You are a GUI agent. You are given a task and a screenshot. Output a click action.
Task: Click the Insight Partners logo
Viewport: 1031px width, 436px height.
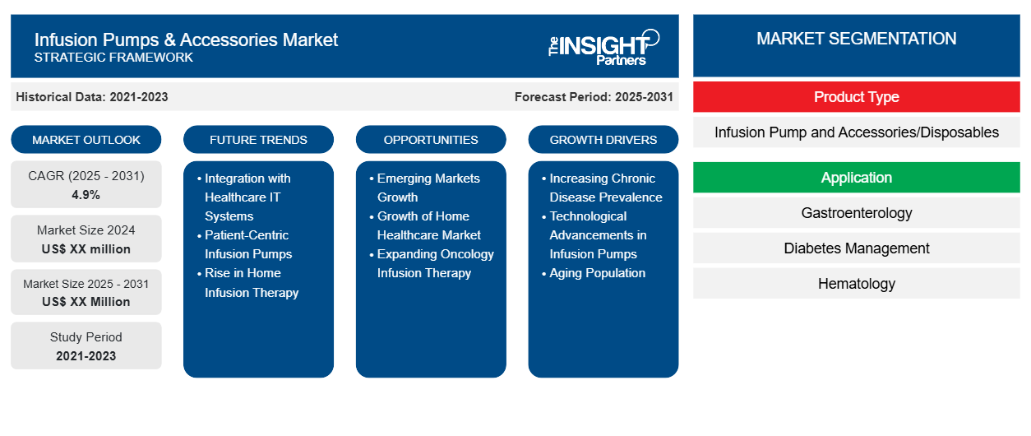[x=603, y=47]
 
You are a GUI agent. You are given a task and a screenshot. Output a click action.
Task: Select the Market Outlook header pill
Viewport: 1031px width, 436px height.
[x=86, y=140]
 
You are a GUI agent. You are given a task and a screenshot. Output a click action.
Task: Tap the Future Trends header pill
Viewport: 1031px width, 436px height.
[x=258, y=140]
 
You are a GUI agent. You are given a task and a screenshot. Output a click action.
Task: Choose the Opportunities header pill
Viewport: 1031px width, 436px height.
[x=431, y=140]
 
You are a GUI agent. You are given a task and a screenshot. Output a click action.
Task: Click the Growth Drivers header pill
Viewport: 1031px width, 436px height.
[x=603, y=140]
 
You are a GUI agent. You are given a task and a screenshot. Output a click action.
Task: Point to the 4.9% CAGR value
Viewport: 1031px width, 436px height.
[x=86, y=195]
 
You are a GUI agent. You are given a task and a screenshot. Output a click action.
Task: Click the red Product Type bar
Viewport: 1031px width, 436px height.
[x=856, y=97]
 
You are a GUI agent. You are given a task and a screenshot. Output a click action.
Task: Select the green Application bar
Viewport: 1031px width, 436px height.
[x=856, y=178]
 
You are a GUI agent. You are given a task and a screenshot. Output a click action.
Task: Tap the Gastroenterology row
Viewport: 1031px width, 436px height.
[x=856, y=213]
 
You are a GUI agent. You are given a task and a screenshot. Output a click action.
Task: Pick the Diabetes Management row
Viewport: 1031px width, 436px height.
[x=856, y=248]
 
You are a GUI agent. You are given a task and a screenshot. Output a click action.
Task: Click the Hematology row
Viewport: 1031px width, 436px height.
[x=856, y=284]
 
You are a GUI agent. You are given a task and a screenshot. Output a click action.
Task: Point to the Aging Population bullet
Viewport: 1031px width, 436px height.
[x=597, y=273]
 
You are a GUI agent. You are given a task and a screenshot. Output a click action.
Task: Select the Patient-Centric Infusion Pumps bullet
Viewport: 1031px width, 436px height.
[x=247, y=244]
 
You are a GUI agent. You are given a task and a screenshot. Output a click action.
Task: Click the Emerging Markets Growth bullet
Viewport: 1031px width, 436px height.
[x=428, y=188]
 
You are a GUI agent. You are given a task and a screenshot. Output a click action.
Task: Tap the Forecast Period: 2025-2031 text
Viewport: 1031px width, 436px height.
[x=594, y=97]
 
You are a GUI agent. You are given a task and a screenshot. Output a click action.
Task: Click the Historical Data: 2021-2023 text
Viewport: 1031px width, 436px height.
[x=92, y=97]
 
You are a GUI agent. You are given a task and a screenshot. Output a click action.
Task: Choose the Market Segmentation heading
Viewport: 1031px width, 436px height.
[x=856, y=39]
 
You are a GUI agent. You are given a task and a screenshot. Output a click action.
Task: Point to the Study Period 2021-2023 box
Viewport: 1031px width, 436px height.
[x=86, y=346]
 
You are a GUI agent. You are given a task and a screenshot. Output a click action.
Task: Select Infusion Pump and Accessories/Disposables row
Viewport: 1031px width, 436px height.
[x=856, y=132]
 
